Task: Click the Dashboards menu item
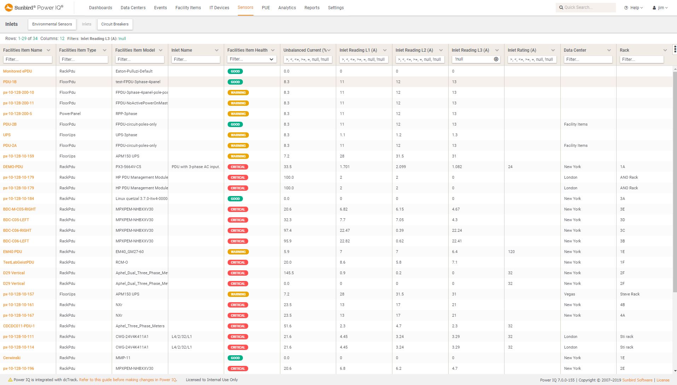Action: click(x=100, y=7)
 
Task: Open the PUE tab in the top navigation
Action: click(x=266, y=7)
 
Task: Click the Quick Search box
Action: click(x=587, y=7)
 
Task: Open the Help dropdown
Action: click(x=633, y=7)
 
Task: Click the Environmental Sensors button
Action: click(x=52, y=24)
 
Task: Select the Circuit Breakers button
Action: click(x=115, y=24)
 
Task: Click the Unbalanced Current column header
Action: click(x=305, y=50)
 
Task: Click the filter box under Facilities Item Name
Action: click(x=28, y=59)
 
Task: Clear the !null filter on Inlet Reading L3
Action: click(x=496, y=59)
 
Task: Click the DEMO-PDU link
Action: click(x=13, y=167)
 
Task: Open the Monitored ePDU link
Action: click(x=17, y=71)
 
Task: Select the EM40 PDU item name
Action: click(x=12, y=252)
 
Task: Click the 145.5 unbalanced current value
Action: click(x=289, y=273)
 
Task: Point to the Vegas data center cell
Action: click(x=570, y=294)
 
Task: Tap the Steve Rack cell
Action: click(x=630, y=294)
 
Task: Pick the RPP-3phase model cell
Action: click(x=126, y=114)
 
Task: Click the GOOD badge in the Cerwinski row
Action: click(x=235, y=358)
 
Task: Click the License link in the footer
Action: click(x=663, y=380)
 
